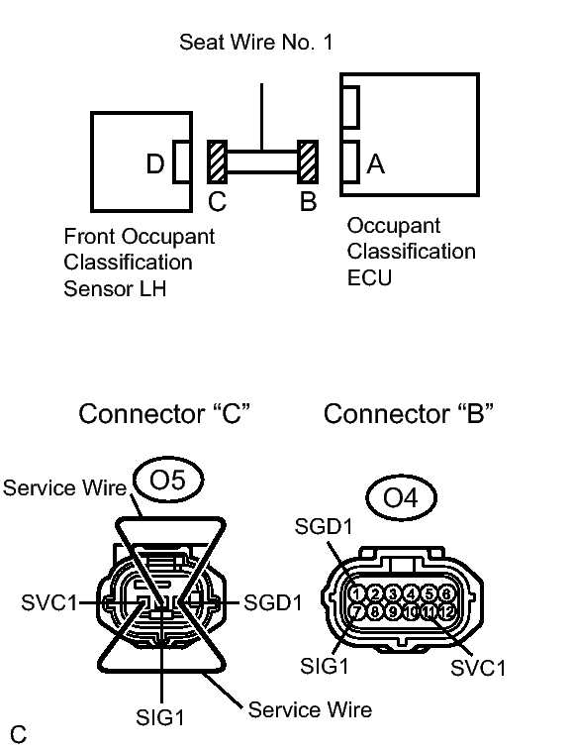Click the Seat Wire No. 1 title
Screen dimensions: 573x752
point(256,43)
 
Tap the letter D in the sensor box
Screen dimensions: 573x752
point(155,164)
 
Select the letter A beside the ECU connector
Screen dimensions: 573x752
point(376,164)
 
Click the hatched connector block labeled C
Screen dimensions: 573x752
point(217,162)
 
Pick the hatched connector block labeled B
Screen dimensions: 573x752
point(308,162)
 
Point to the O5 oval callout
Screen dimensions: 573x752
point(168,480)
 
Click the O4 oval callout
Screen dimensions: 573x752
point(401,497)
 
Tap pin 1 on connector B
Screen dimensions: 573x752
point(357,593)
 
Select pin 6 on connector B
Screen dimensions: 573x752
point(446,593)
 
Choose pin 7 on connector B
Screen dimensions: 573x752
point(357,611)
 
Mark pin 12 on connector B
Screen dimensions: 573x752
point(446,611)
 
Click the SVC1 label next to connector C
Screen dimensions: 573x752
point(49,602)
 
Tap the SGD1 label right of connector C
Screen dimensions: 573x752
point(273,602)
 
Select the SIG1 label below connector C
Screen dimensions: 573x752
point(160,718)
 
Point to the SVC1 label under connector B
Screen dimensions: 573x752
point(478,668)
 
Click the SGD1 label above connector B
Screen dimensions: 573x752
point(324,526)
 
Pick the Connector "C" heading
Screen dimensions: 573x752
point(164,413)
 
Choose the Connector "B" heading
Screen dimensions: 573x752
point(408,413)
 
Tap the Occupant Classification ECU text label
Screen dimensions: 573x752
point(411,252)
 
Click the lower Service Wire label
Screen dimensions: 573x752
point(310,709)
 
